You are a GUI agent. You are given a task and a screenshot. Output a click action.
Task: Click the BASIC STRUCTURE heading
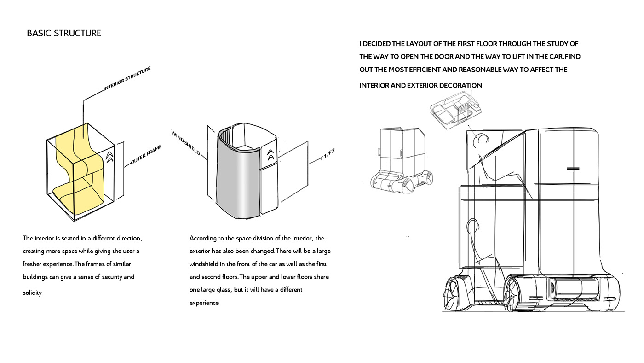click(64, 34)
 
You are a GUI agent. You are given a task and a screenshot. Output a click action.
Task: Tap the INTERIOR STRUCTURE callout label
click(127, 78)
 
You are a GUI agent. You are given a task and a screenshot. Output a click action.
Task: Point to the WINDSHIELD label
click(186, 142)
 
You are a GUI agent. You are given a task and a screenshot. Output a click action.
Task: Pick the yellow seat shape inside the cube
click(80, 170)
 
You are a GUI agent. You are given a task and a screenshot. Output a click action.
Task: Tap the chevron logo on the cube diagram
click(109, 157)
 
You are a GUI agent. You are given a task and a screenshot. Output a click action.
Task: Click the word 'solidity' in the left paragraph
click(32, 293)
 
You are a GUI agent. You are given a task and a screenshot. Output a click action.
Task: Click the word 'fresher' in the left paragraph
click(33, 264)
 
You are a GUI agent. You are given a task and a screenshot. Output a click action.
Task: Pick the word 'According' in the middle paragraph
click(203, 238)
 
